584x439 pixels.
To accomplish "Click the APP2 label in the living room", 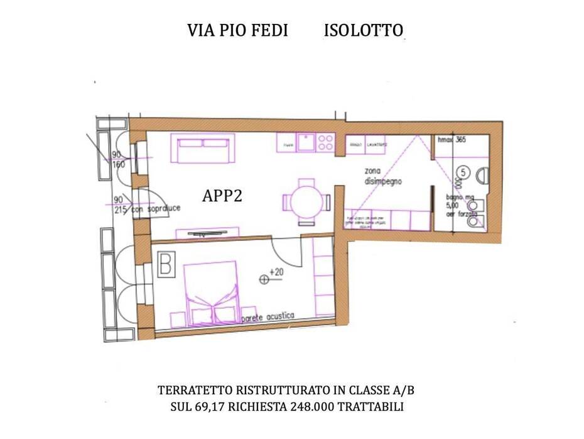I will tap(222, 196).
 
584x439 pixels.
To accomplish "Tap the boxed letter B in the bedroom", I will tap(166, 264).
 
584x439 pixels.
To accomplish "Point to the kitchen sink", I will tap(306, 143).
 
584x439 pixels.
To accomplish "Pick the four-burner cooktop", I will tap(325, 143).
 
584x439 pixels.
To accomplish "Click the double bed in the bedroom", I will tap(212, 293).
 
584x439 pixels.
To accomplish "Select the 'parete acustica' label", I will tap(268, 318).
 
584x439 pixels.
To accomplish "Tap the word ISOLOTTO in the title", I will tap(363, 31).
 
